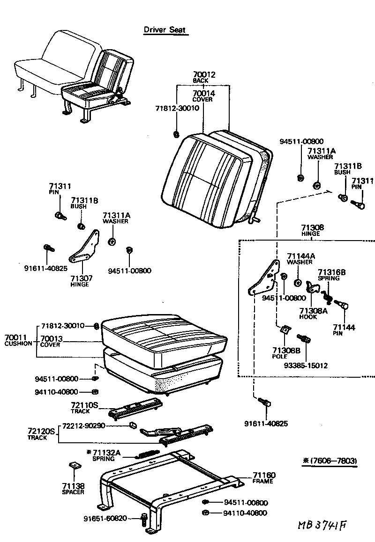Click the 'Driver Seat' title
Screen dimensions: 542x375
(165, 30)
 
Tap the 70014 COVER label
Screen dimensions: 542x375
(203, 96)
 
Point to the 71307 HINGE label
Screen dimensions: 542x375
(80, 281)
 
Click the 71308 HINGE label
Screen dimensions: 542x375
(310, 229)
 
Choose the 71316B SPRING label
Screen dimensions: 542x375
(331, 275)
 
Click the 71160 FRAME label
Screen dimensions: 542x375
(264, 477)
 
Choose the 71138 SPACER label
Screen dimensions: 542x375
(73, 489)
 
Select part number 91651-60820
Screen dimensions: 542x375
(105, 518)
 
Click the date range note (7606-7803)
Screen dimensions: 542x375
(330, 461)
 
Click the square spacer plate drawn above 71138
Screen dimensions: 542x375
(74, 467)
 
